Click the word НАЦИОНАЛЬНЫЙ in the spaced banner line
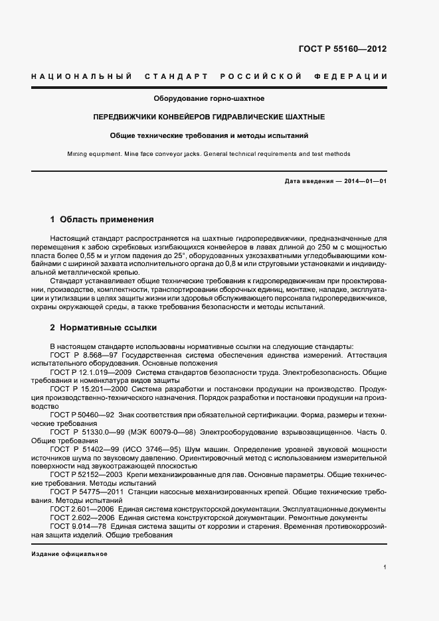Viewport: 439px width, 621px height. click(81, 77)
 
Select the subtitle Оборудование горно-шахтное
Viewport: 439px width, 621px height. click(209, 99)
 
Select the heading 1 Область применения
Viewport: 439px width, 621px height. click(102, 219)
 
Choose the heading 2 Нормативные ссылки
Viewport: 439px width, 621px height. click(104, 328)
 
